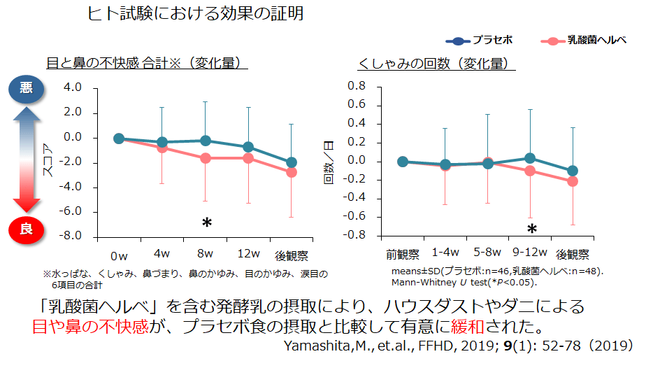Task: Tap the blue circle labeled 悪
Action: point(26,88)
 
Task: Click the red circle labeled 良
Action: point(26,228)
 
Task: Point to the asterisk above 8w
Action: point(206,223)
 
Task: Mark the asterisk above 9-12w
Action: point(531,229)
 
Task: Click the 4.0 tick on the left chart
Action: point(72,88)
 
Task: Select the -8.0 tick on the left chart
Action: point(71,236)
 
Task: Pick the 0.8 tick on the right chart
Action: point(357,85)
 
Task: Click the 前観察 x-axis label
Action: point(402,253)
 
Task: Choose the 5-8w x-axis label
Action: point(487,252)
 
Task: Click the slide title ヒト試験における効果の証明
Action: point(196,13)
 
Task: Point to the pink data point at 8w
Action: point(206,158)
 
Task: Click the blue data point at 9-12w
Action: point(530,158)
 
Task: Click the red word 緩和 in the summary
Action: point(455,327)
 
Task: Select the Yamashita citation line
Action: point(458,346)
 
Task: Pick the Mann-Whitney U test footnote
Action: point(464,282)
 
